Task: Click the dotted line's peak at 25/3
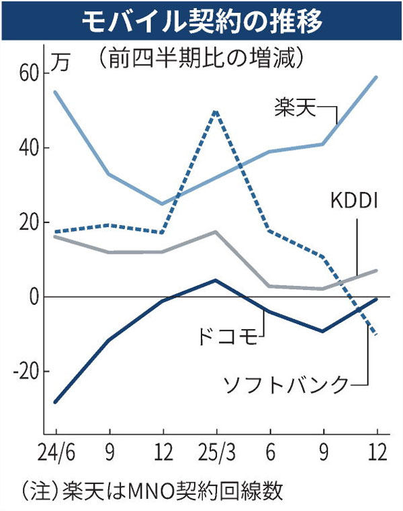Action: pyautogui.click(x=216, y=111)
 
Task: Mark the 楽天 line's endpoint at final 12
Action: pyautogui.click(x=376, y=77)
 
